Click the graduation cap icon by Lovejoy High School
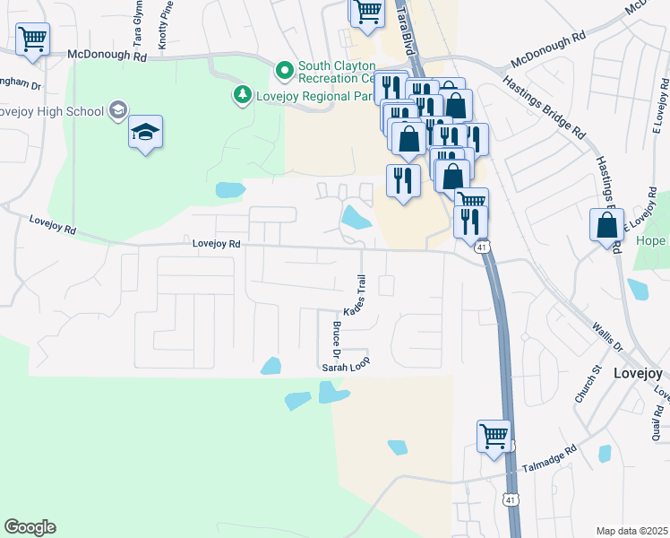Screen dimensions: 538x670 [x=144, y=133]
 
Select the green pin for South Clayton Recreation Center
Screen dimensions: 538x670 [x=285, y=69]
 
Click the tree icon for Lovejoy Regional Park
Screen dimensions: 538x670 [x=241, y=93]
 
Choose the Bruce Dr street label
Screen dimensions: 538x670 [x=338, y=338]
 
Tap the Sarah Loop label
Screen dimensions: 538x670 [x=346, y=366]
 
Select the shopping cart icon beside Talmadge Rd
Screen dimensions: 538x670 [x=494, y=437]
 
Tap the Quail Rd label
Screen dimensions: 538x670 [x=656, y=425]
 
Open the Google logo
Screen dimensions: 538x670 [x=30, y=527]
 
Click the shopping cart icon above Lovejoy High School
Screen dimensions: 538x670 [x=32, y=39]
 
